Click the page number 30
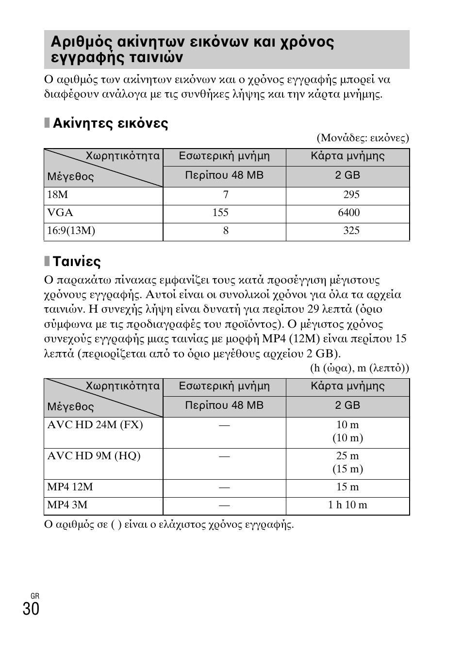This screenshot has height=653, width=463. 31,608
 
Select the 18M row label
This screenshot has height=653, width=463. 57,195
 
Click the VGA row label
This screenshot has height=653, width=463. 60,213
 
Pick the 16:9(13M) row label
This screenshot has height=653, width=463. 71,231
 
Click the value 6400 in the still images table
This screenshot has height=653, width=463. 349,213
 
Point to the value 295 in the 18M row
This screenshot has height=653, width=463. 351,195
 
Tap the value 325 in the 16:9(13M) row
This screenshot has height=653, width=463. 351,231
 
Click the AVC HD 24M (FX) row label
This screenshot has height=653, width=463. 95,425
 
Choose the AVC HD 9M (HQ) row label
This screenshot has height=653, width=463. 94,456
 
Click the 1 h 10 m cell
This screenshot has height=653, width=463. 347,505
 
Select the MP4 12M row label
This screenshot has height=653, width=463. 70,487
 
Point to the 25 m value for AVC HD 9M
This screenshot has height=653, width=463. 347,456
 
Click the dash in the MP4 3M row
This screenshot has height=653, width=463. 224,505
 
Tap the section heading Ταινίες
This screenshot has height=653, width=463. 76,262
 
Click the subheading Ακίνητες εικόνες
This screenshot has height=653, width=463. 110,124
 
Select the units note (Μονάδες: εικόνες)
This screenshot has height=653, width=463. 363,138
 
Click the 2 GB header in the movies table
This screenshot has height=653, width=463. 347,405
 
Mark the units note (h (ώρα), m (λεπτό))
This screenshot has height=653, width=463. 360,368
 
